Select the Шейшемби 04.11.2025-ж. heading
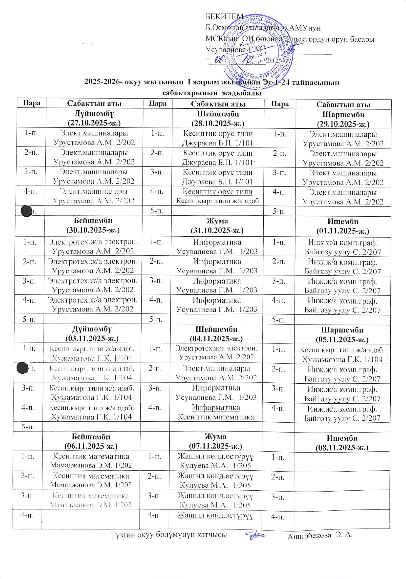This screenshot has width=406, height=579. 217,333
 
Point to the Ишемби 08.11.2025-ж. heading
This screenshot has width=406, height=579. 342,442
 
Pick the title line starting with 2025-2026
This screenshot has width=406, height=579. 211,83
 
